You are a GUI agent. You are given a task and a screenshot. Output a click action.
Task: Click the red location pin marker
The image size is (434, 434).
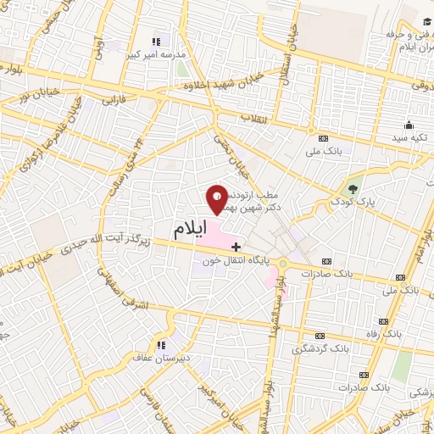[x=217, y=200]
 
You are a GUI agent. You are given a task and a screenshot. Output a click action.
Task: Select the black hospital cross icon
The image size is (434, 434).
[x=236, y=245]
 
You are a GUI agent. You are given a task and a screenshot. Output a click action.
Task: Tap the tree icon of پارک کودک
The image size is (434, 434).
[x=354, y=187]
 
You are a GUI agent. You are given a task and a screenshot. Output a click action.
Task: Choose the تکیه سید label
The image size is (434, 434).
[x=410, y=136]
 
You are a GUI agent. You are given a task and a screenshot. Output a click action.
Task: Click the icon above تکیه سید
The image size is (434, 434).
[x=410, y=123]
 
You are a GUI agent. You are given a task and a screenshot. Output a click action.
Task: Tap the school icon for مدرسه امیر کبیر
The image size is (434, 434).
[x=156, y=41]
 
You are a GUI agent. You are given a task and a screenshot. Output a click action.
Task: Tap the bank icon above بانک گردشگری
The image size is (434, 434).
[x=320, y=336]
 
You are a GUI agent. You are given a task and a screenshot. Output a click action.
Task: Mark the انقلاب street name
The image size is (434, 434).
[x=253, y=116]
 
